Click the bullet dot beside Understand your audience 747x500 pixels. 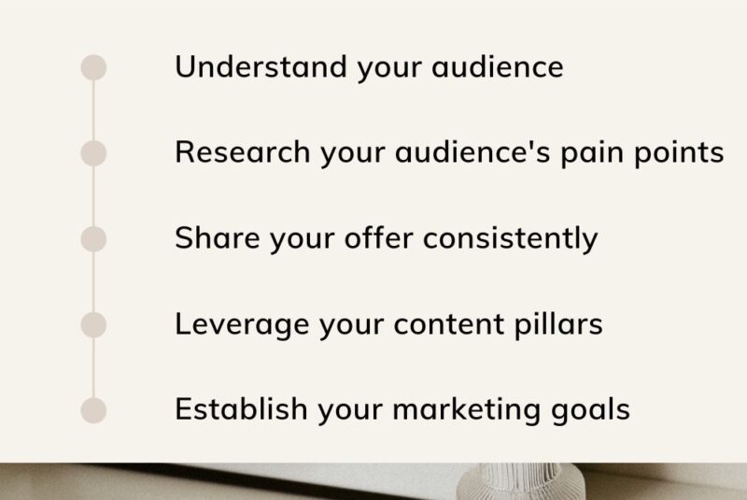[x=93, y=67]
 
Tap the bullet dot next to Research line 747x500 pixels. [x=93, y=153]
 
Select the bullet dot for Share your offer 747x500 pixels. [x=93, y=239]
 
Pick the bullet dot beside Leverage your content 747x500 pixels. [x=93, y=324]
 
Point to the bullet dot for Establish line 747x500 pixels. [x=93, y=410]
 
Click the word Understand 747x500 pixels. [x=261, y=66]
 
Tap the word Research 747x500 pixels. [x=243, y=152]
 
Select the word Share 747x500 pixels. [x=218, y=237]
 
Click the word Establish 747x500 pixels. [x=241, y=409]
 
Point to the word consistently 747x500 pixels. [x=510, y=239]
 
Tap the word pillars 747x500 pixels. [x=558, y=324]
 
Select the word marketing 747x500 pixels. [x=466, y=410]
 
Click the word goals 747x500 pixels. [x=591, y=410]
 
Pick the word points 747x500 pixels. [x=679, y=153]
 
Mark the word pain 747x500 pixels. [x=592, y=153]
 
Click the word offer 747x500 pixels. [x=379, y=237]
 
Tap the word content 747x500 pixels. [x=449, y=324]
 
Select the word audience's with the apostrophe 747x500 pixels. [x=472, y=152]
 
